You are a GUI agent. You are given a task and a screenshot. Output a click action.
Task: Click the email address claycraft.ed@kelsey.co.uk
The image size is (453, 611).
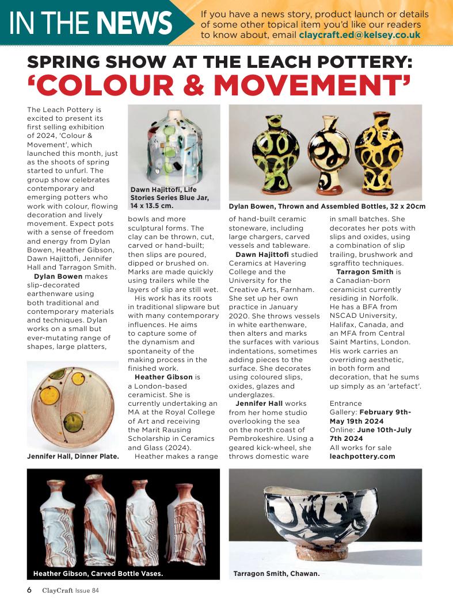360,34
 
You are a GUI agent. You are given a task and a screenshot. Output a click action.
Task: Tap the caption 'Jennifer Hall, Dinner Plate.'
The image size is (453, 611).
73,456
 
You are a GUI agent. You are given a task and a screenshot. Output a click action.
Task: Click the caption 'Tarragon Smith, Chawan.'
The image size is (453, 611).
276,573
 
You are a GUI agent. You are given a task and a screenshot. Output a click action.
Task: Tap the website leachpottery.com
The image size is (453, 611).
362,456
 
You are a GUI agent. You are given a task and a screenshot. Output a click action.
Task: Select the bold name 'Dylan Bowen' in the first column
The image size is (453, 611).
59,276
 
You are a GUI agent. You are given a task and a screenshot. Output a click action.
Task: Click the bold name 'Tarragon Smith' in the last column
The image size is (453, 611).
365,271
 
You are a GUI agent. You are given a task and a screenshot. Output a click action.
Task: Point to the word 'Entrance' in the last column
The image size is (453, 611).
345,404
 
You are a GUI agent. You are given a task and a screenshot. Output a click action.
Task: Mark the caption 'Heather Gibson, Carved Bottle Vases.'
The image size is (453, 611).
98,573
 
